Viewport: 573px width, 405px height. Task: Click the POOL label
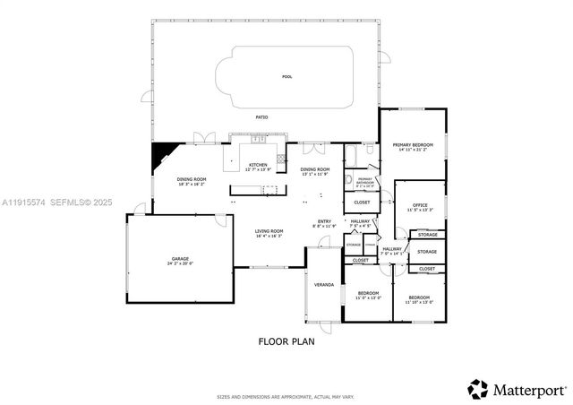coord(286,77)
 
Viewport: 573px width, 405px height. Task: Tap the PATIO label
coord(262,117)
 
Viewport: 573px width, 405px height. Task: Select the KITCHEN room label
coord(258,166)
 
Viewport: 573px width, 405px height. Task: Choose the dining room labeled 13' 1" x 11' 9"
coord(314,170)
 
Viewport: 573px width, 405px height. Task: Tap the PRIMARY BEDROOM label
coord(413,146)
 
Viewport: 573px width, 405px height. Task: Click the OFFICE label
coord(420,206)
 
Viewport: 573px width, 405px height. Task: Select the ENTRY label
coord(325,222)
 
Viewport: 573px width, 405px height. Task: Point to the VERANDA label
coord(323,285)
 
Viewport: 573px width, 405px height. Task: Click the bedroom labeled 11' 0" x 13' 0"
coord(368,295)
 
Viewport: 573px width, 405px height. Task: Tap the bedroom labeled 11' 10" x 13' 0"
coord(419,299)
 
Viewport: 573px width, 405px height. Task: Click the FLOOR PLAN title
coord(286,340)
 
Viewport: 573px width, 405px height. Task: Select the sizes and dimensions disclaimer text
coord(286,395)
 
